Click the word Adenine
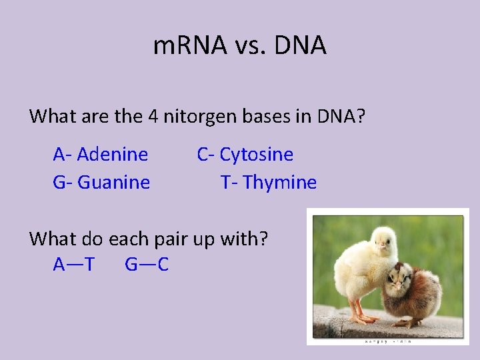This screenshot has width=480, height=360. tap(113, 155)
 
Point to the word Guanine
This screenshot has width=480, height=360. tap(114, 182)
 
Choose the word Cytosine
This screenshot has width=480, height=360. tap(257, 155)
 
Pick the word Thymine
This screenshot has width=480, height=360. tap(280, 182)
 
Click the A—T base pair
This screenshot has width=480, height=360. tap(73, 265)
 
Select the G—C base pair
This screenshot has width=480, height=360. tap(147, 265)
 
